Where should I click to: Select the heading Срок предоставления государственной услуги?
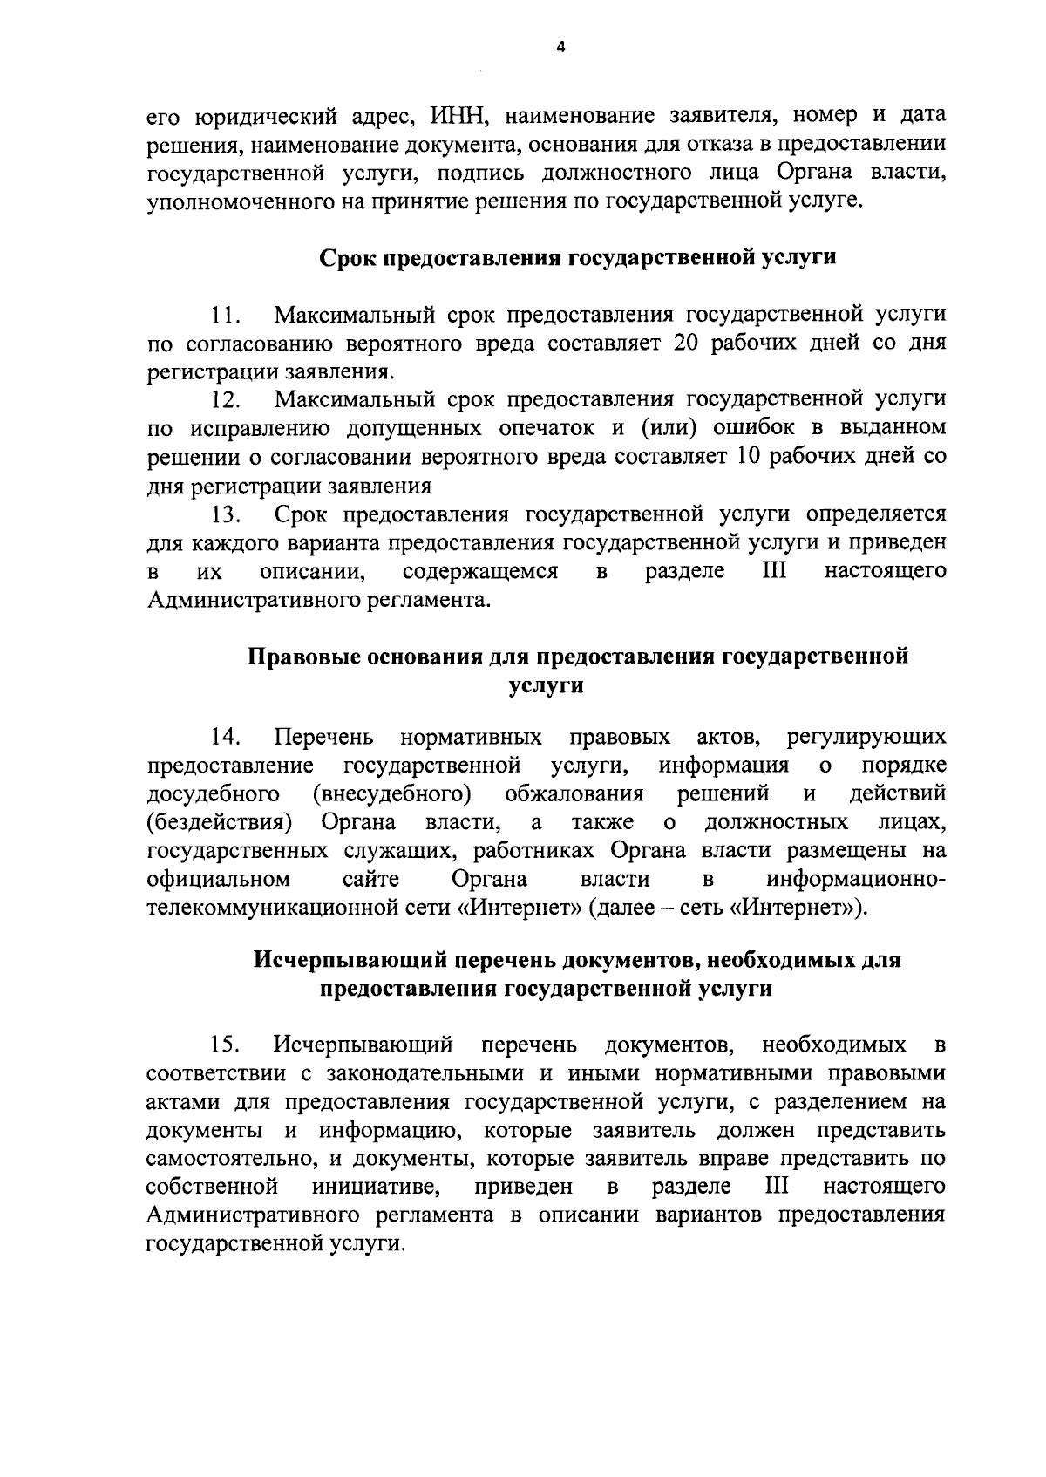pos(578,258)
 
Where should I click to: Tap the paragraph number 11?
pos(227,315)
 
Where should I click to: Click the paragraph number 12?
pos(227,400)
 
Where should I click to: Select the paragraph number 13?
pos(227,514)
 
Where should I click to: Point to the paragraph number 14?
pos(227,738)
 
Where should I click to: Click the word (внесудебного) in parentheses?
pos(392,794)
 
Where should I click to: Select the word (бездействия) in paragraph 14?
pos(220,823)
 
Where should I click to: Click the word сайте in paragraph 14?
pos(371,878)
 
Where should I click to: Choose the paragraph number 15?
pos(227,1045)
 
